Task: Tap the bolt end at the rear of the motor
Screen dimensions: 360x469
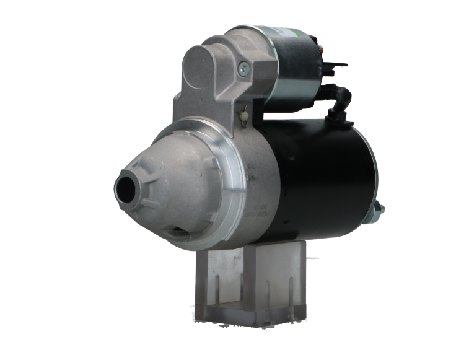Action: [379, 211]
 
